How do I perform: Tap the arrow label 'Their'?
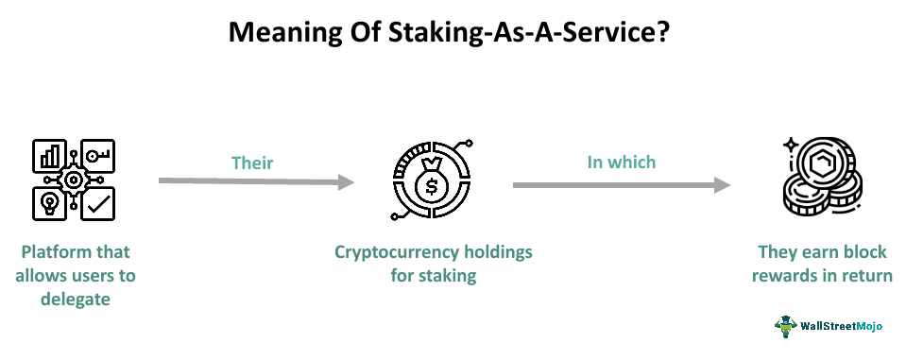pyautogui.click(x=252, y=163)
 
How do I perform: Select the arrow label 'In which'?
pyautogui.click(x=621, y=162)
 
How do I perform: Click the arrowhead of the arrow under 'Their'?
pyautogui.click(x=346, y=181)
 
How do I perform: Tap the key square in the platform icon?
pyautogui.click(x=98, y=157)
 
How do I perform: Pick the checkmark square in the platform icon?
pyautogui.click(x=97, y=202)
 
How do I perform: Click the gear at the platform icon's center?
pyautogui.click(x=73, y=180)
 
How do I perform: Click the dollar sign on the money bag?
pyautogui.click(x=431, y=185)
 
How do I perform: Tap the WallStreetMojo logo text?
pyautogui.click(x=841, y=326)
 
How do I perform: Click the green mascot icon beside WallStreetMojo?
pyautogui.click(x=785, y=325)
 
